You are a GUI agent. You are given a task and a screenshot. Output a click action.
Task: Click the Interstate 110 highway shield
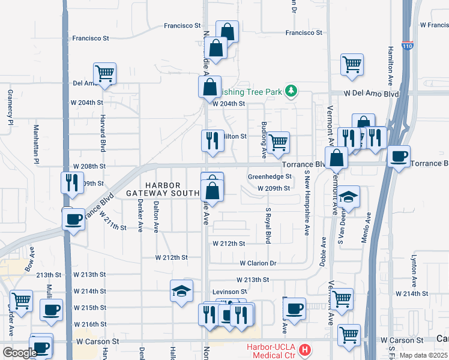[408, 61]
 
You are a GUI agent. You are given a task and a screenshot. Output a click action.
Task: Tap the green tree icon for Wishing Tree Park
[291, 91]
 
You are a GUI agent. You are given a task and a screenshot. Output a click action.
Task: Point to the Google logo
[19, 353]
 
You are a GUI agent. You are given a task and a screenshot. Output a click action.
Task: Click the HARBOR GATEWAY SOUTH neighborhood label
[163, 189]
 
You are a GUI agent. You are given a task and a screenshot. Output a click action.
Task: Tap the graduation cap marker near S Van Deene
[348, 197]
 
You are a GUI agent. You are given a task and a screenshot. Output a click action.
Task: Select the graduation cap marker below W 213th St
[181, 292]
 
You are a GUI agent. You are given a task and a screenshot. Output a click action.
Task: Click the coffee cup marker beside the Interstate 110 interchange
[399, 157]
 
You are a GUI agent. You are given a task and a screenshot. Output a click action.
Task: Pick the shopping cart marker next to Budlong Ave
[278, 143]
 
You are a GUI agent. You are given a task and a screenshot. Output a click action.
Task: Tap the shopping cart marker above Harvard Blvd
[104, 74]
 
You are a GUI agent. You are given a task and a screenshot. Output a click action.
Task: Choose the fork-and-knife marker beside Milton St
[212, 140]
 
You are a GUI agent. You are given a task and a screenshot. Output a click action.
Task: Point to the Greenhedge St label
[270, 177]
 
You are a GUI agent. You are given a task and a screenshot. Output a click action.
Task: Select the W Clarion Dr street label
[258, 263]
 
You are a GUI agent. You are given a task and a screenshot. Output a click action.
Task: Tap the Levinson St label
[230, 292]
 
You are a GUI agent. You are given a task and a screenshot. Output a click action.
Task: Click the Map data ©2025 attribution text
[424, 355]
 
